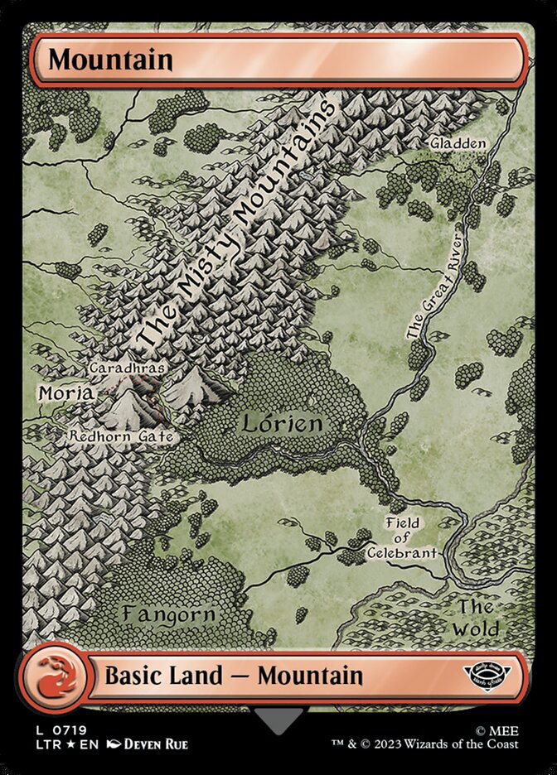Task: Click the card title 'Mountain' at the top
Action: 110,60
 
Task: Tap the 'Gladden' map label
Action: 458,143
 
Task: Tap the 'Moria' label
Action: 65,393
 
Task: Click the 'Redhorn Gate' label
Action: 121,435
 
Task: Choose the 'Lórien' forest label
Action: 281,424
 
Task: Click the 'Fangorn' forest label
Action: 168,614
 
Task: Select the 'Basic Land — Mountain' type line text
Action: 234,676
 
